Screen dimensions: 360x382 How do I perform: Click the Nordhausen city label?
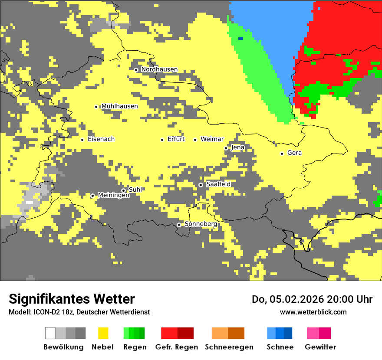159,69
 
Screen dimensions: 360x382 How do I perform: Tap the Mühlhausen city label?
119,106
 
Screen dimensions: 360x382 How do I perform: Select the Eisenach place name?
101,139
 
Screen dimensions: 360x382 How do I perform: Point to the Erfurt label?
176,139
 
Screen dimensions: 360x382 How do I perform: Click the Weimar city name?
212,139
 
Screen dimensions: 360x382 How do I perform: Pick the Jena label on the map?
238,147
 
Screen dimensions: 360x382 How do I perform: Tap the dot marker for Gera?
282,154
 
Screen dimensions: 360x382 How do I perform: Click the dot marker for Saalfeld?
201,185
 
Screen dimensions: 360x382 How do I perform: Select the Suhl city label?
135,190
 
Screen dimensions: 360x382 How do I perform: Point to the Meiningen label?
114,195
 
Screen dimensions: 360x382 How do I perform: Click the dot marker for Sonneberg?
179,225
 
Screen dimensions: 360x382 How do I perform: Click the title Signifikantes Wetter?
72,299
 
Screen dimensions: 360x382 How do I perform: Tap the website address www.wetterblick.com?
313,312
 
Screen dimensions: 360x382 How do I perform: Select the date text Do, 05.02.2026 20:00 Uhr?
312,299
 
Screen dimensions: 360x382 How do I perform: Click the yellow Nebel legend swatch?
103,333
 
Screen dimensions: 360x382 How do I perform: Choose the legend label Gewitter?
320,347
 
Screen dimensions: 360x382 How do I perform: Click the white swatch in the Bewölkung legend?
50,333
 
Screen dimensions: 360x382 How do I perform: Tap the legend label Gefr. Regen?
177,347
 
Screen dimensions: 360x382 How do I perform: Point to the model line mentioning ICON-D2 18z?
79,312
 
